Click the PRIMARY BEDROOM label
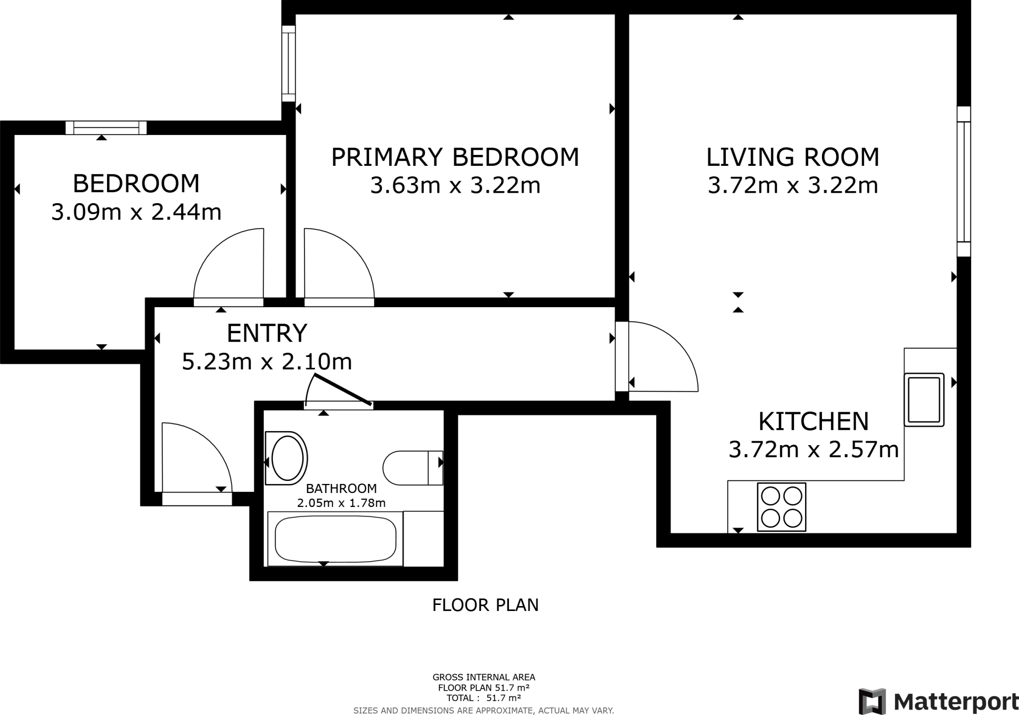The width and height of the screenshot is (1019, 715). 455,157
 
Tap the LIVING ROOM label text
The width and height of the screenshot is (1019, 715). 793,157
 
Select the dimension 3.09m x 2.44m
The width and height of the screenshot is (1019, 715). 136,213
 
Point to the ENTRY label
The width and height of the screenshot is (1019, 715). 267,333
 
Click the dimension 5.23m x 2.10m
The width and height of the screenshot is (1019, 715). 267,362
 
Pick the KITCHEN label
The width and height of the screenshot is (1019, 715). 813,421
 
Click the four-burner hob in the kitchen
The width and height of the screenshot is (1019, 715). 781,507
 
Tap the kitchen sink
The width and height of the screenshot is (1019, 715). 924,400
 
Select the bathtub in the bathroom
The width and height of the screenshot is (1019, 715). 335,539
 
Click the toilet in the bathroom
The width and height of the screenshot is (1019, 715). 412,468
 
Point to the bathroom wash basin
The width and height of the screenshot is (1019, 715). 287,458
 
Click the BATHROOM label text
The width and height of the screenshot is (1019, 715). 341,488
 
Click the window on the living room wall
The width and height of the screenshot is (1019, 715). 964,182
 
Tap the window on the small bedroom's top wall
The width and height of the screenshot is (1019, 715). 106,127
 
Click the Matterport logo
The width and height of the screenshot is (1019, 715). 937,701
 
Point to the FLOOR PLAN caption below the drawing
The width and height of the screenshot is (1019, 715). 485,605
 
